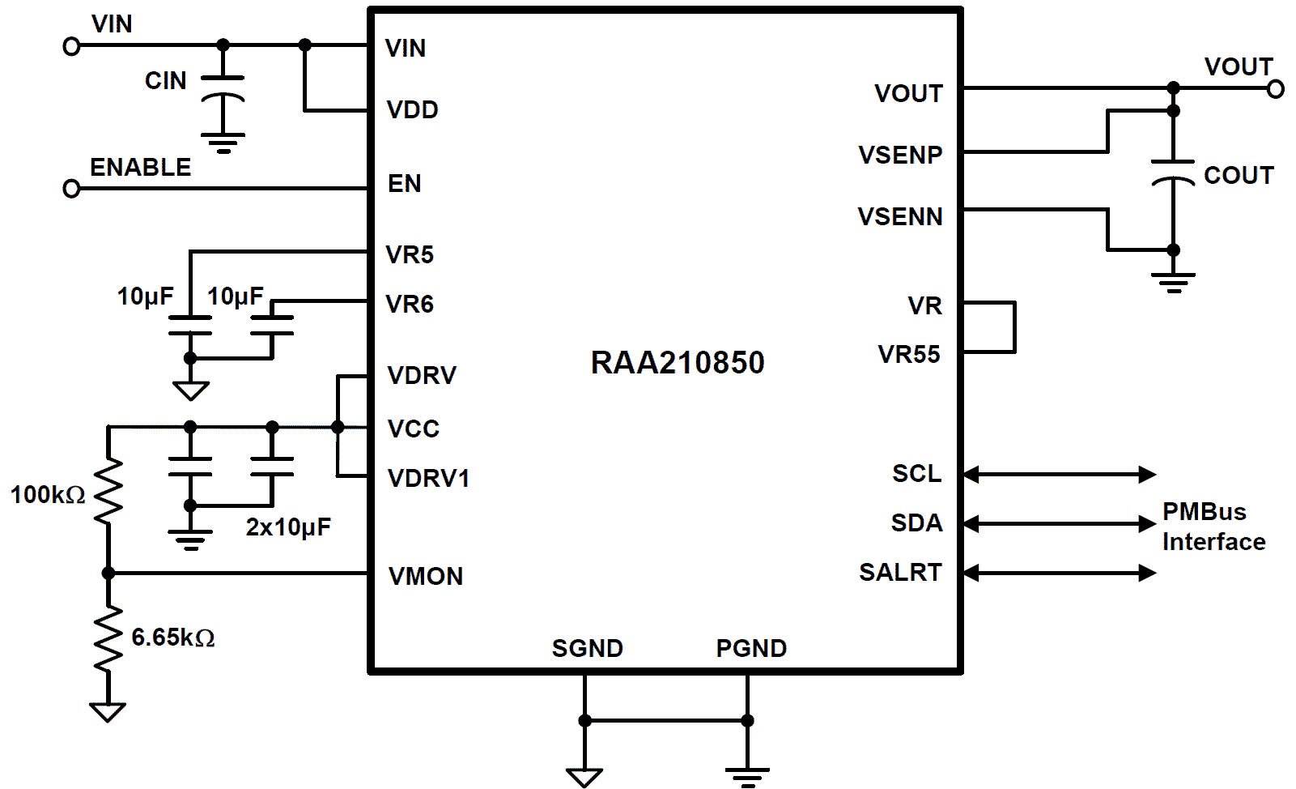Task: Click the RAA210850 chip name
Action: pos(678,363)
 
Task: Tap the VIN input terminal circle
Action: pos(71,47)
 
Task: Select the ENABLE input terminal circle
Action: pos(71,189)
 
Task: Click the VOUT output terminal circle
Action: pos(1276,89)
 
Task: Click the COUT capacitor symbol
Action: pos(1173,173)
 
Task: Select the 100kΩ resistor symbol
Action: pos(108,490)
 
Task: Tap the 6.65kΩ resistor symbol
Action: pos(108,638)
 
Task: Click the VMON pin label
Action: pos(426,577)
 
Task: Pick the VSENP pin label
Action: pos(900,155)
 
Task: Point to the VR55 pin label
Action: pos(909,355)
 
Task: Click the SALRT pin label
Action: pos(900,573)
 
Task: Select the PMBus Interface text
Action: pos(1213,527)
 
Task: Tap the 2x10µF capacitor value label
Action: pos(288,528)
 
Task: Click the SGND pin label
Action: pos(587,649)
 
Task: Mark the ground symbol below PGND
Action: pos(747,776)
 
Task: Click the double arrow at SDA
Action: pos(1059,524)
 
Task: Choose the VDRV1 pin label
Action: pos(428,479)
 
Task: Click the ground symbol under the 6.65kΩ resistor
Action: pos(108,711)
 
